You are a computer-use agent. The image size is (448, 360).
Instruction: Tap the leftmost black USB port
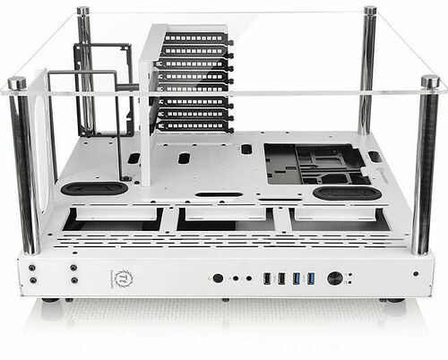tap(266, 279)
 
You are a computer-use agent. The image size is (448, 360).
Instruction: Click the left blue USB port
tap(296, 279)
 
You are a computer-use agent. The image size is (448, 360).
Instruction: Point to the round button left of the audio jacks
tap(218, 279)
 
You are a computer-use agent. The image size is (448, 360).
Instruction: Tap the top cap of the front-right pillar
tap(430, 81)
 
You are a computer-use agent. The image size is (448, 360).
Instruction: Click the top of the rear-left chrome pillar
tap(82, 11)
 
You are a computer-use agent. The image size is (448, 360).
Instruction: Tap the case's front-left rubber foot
tap(50, 300)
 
